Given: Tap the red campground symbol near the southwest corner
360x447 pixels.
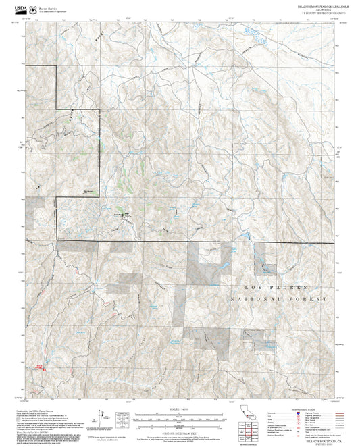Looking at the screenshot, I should (39, 369).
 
